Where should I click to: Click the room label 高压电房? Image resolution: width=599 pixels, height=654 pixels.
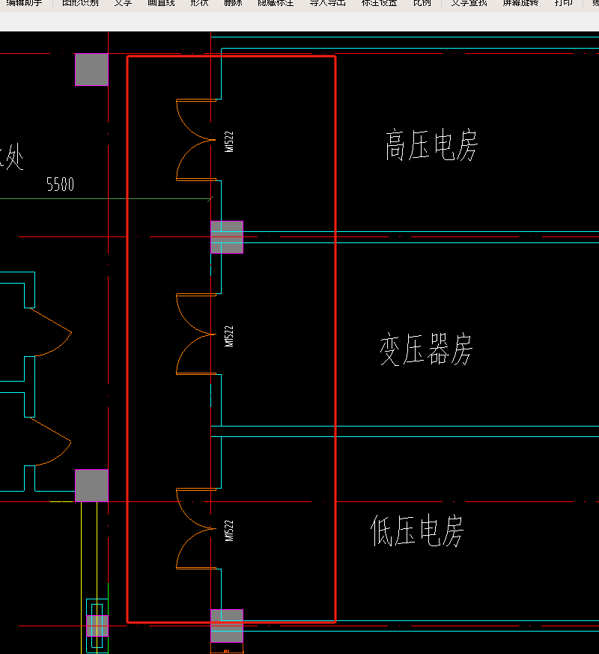[431, 145]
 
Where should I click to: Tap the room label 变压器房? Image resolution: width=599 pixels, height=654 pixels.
[426, 349]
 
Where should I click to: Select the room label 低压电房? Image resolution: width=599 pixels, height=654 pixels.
[417, 531]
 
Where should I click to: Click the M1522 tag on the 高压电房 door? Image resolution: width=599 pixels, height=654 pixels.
[229, 141]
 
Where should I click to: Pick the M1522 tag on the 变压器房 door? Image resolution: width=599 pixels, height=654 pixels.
[229, 336]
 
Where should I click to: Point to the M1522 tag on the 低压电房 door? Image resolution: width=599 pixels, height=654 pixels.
[229, 531]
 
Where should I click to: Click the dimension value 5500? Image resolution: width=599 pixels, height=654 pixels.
[60, 184]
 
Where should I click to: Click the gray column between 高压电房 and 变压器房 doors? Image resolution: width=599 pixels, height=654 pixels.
[227, 237]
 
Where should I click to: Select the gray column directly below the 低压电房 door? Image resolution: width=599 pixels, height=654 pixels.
[227, 626]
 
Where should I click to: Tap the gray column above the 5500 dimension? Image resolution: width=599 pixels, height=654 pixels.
[91, 69]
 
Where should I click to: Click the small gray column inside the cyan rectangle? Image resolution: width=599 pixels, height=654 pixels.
[97, 626]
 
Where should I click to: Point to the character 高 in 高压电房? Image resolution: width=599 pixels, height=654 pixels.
[396, 145]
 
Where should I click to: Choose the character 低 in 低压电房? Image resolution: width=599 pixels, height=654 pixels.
[383, 531]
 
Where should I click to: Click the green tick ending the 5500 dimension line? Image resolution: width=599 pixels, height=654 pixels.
[210, 198]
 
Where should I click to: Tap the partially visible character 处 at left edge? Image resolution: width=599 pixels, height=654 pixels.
[13, 158]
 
